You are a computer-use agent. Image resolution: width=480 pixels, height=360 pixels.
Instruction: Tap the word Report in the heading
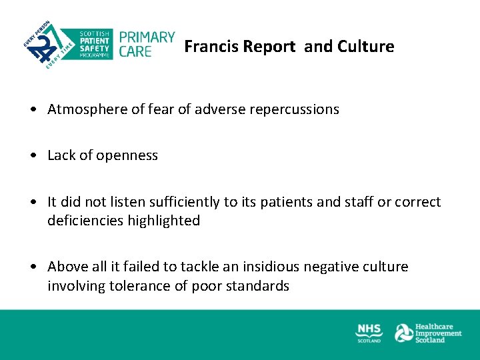click(269, 47)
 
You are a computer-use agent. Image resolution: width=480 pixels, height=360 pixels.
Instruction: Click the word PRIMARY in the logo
click(147, 37)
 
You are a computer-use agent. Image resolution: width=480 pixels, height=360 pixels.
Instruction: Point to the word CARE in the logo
click(135, 51)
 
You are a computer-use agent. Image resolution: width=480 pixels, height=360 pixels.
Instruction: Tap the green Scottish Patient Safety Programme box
click(95, 44)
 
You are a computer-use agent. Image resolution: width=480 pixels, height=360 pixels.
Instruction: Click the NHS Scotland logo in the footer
click(369, 333)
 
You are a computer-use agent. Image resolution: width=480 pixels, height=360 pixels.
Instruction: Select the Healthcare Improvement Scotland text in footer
click(438, 333)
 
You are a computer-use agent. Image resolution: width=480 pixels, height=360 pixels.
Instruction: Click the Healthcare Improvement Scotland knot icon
click(404, 333)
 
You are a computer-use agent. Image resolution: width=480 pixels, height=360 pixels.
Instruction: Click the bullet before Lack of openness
click(33, 156)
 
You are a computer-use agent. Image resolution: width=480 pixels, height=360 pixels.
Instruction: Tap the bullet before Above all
click(33, 267)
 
